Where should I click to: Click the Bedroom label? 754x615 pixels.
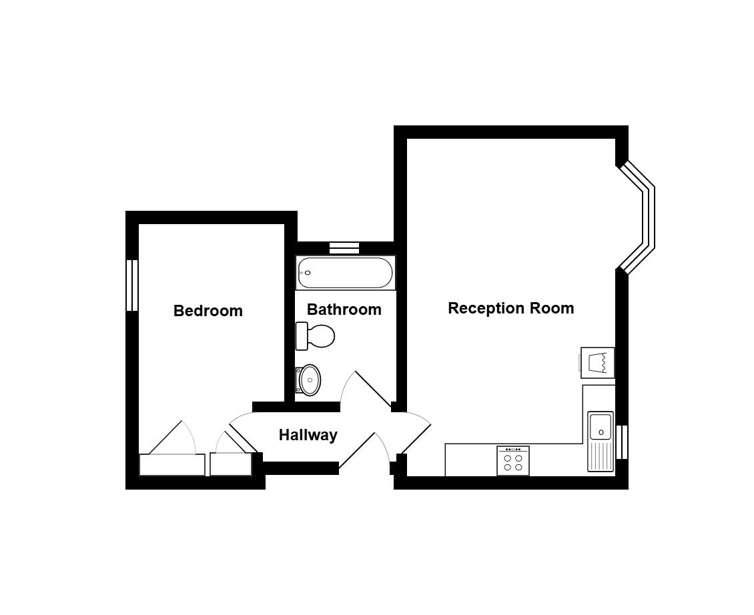(208, 311)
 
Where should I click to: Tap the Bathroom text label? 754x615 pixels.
(344, 310)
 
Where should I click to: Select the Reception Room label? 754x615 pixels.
(510, 308)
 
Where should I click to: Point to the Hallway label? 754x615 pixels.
(308, 435)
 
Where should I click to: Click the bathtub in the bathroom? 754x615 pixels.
(345, 273)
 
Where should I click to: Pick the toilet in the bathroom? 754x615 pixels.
(315, 336)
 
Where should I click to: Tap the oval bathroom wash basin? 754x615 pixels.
(308, 380)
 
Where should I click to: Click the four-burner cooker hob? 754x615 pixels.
(513, 461)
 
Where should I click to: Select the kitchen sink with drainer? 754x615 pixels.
(601, 442)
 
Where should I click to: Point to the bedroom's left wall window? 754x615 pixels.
(132, 285)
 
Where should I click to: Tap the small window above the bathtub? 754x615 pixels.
(344, 247)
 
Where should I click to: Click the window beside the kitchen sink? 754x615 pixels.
(623, 442)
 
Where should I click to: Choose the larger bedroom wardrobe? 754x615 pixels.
(172, 464)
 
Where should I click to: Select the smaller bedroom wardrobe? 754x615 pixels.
(231, 464)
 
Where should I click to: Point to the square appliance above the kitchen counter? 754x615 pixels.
(598, 363)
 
